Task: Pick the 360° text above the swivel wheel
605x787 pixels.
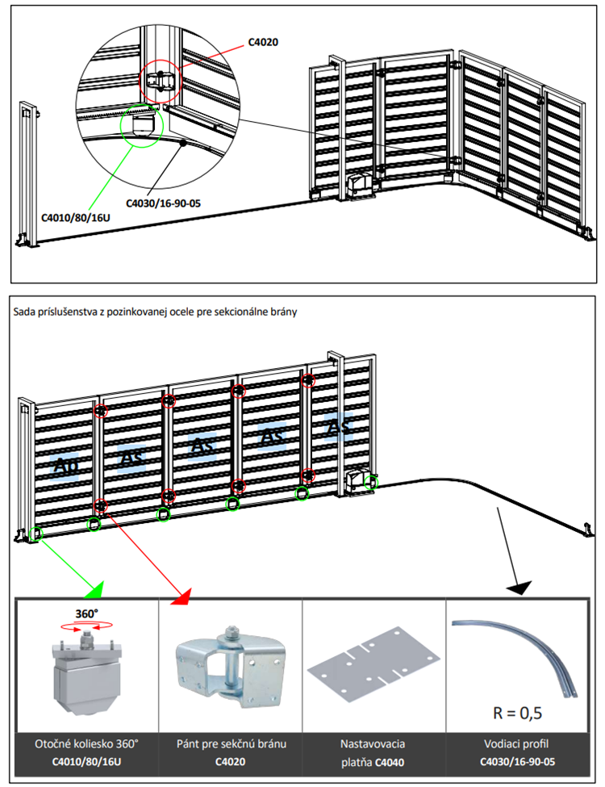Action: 87,613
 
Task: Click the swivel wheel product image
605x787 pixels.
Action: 86,664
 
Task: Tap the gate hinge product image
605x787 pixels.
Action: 229,659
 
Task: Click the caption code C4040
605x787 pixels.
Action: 390,760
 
